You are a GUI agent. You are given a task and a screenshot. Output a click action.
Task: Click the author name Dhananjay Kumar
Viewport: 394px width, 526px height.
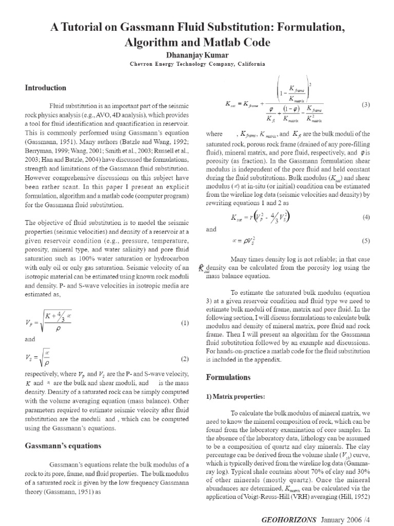pos(197,54)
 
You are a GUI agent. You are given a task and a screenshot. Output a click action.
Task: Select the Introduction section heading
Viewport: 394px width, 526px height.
pos(46,88)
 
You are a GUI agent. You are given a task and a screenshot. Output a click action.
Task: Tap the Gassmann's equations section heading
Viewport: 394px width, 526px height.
pos(63,445)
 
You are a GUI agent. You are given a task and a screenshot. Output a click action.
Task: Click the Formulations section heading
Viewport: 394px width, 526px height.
pos(228,377)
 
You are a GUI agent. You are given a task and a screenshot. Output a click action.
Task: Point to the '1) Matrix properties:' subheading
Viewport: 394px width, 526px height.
pos(235,397)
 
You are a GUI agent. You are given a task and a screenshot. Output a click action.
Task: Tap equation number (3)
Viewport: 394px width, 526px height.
pos(365,105)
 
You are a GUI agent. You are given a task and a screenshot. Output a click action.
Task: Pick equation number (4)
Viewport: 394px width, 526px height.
pos(365,217)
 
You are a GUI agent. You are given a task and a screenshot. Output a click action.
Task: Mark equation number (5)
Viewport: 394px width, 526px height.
pos(365,240)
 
